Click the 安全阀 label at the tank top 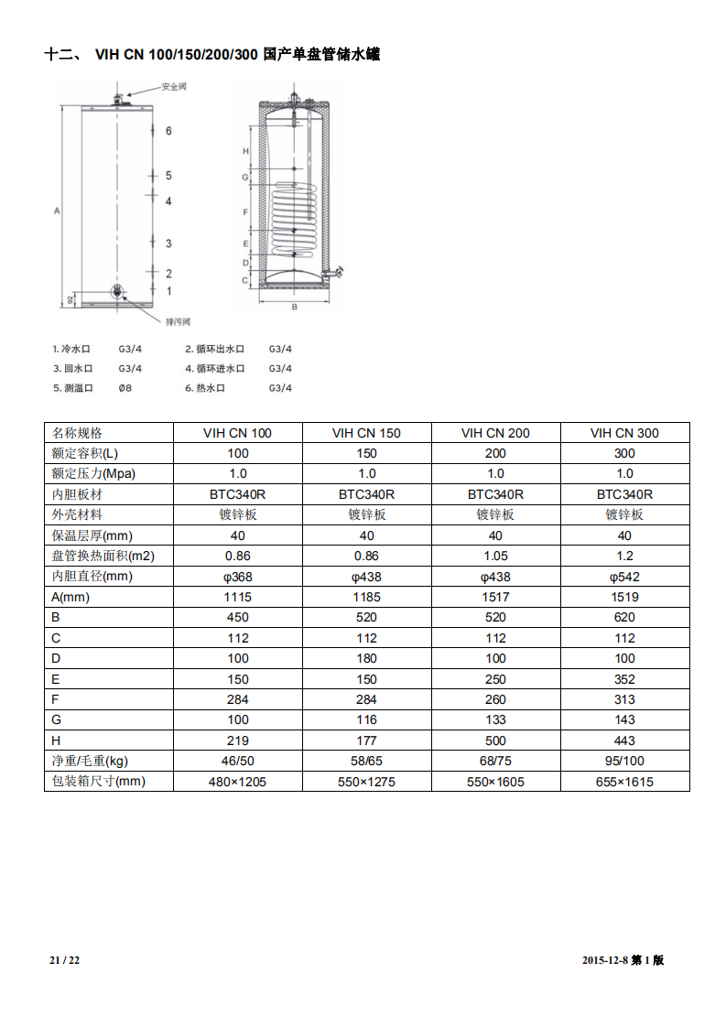pyautogui.click(x=174, y=87)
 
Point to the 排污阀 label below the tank pyautogui.click(x=178, y=321)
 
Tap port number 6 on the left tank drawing pyautogui.click(x=168, y=131)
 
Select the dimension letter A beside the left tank pyautogui.click(x=57, y=211)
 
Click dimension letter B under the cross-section pyautogui.click(x=294, y=307)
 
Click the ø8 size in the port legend pyautogui.click(x=125, y=388)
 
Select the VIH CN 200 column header pyautogui.click(x=495, y=433)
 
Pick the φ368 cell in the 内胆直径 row pyautogui.click(x=237, y=577)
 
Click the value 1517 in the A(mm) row pyautogui.click(x=495, y=597)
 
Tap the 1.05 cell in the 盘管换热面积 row pyautogui.click(x=495, y=556)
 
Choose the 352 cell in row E pyautogui.click(x=624, y=679)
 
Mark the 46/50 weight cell pyautogui.click(x=237, y=762)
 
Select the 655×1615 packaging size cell pyautogui.click(x=624, y=782)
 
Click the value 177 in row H pyautogui.click(x=366, y=741)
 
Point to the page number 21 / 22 pyautogui.click(x=65, y=960)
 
